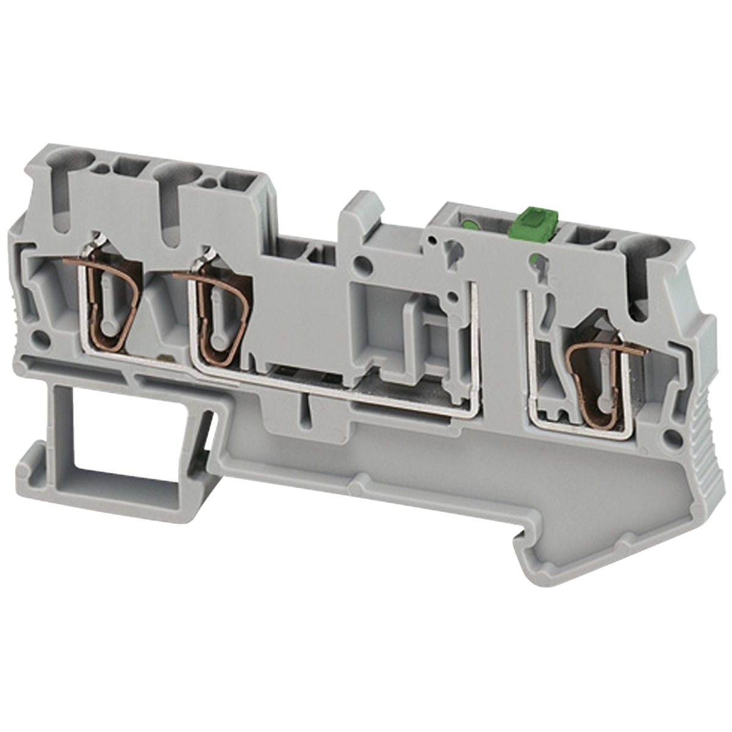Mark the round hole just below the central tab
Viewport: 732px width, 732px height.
click(365, 264)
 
